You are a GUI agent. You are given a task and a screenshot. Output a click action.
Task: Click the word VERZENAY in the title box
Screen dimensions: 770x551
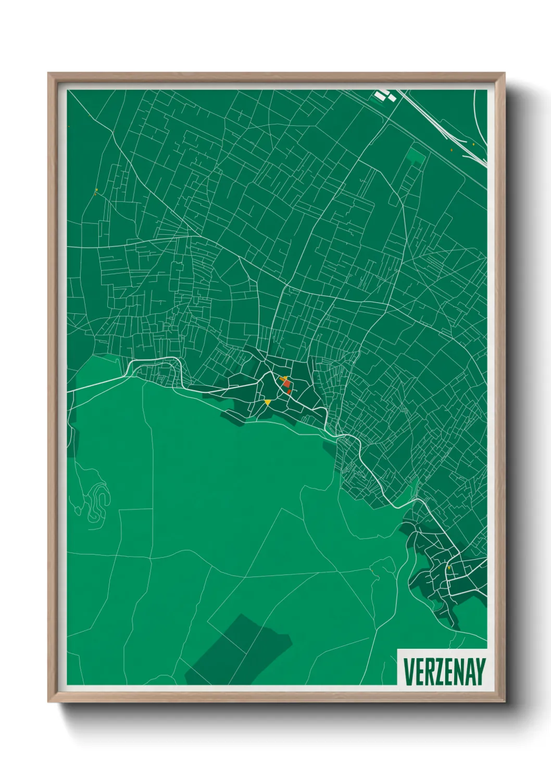(x=444, y=672)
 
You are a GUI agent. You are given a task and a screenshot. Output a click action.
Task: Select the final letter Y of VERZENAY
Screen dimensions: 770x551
(x=480, y=672)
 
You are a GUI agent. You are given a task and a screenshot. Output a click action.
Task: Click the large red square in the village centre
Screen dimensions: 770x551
(x=286, y=384)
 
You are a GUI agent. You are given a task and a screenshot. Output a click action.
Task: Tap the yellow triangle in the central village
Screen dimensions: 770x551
(x=268, y=402)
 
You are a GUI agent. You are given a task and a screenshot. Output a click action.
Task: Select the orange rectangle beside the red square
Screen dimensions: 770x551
(x=281, y=379)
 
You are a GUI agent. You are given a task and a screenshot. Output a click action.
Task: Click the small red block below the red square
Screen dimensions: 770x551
(x=289, y=391)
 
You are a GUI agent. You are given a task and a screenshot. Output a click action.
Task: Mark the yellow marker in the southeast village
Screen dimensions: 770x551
(x=448, y=568)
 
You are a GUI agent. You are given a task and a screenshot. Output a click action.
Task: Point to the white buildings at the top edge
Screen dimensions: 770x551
(x=384, y=95)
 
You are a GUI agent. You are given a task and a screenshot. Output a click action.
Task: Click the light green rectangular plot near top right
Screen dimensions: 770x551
(x=416, y=156)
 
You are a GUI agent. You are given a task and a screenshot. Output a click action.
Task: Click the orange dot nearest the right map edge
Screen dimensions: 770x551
(x=473, y=144)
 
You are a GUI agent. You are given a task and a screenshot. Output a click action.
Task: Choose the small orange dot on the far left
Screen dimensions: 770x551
(x=96, y=189)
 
